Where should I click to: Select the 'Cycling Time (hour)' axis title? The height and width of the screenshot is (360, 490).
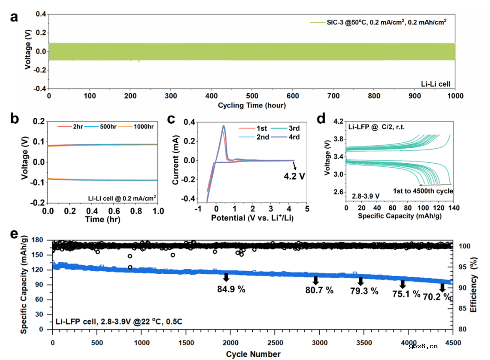coord(252,105)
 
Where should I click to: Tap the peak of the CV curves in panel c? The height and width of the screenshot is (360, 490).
coord(223,126)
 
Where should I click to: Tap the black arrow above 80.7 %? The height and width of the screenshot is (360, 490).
coord(316,281)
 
